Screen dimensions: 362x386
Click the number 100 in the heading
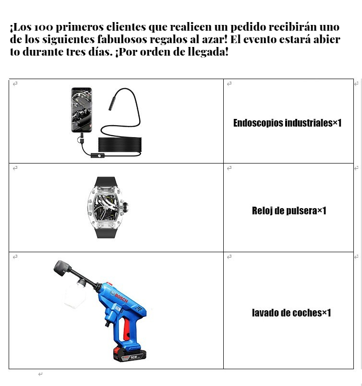click(x=43, y=27)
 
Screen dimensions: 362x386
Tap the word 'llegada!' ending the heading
click(x=208, y=52)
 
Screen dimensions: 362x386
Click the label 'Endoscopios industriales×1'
click(x=287, y=123)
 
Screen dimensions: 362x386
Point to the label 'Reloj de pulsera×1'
click(x=289, y=211)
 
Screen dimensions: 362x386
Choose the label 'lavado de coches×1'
click(x=291, y=313)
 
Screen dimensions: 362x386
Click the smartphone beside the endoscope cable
click(x=82, y=110)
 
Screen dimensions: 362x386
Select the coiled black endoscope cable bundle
click(x=120, y=145)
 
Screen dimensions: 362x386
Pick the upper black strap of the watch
click(x=106, y=182)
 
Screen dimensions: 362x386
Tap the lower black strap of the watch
click(x=106, y=233)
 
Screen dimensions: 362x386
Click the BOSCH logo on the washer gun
click(x=120, y=297)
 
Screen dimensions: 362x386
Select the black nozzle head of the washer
click(x=63, y=268)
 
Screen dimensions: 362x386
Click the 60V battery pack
click(x=130, y=354)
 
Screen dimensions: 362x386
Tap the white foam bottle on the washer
click(x=75, y=296)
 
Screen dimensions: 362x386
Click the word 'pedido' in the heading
click(x=248, y=27)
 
